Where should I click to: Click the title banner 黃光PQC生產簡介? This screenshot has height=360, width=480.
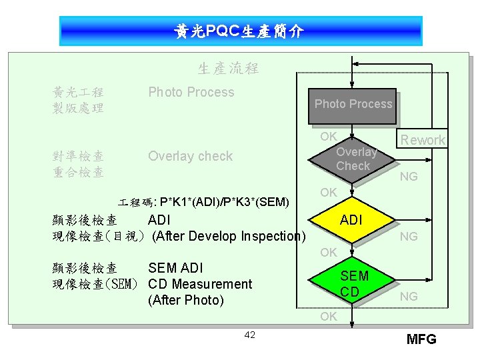click(x=240, y=31)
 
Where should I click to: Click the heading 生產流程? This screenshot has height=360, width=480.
click(x=228, y=68)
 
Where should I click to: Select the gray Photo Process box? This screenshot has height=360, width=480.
click(x=353, y=105)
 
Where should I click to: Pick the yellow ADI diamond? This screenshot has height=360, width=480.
click(x=351, y=219)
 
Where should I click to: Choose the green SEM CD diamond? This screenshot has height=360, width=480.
click(x=353, y=283)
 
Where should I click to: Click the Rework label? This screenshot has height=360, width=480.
click(x=423, y=140)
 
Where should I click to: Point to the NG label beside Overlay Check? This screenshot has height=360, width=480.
click(x=409, y=177)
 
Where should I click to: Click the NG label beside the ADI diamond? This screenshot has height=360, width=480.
click(x=409, y=236)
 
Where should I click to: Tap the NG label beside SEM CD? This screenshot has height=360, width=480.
click(x=409, y=295)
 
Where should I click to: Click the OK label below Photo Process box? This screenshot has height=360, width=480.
click(x=328, y=137)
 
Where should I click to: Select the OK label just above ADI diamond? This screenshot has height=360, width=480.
click(x=328, y=193)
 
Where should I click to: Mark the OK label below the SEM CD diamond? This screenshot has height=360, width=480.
click(x=328, y=317)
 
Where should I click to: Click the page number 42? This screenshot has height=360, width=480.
click(x=249, y=335)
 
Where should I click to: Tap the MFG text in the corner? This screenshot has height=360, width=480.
click(x=421, y=339)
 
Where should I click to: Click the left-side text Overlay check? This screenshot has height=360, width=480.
click(x=190, y=157)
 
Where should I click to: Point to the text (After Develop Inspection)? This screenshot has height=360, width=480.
click(x=229, y=236)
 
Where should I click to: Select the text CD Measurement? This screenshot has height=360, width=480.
click(x=200, y=284)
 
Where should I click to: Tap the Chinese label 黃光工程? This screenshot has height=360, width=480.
click(x=78, y=92)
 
